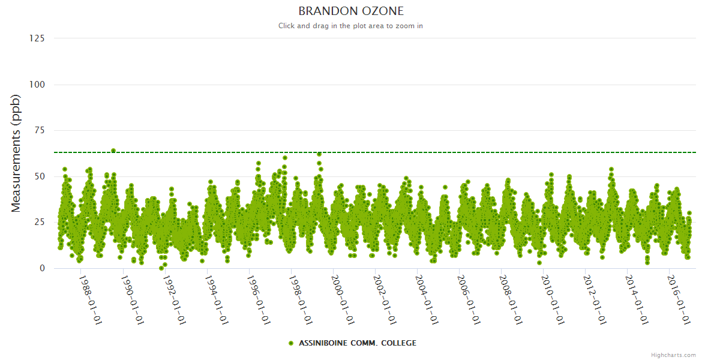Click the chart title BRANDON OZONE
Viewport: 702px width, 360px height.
[351, 11]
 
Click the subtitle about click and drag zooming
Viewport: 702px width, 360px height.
[351, 26]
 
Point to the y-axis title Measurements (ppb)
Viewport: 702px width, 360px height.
[16, 153]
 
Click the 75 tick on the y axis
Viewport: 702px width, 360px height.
[39, 130]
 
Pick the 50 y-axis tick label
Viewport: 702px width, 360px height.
[39, 176]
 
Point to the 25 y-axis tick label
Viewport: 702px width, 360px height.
[39, 223]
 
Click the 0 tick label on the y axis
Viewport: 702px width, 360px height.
[42, 268]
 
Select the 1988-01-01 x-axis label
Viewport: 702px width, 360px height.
[90, 300]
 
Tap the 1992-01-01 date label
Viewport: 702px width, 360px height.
[174, 300]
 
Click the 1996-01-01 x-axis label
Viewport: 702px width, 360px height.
[258, 300]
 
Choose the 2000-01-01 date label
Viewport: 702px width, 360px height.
[342, 300]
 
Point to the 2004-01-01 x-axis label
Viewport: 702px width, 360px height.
[426, 300]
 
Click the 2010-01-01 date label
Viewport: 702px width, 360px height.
[552, 300]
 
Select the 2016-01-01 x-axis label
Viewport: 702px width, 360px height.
[678, 300]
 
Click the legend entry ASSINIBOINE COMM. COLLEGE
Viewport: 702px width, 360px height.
[357, 343]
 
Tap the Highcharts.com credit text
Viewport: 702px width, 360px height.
[673, 355]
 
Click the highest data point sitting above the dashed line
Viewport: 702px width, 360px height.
[113, 151]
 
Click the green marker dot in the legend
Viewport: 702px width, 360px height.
[291, 343]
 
